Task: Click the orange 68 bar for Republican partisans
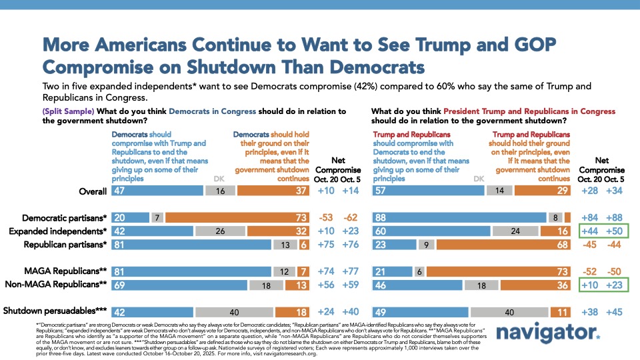tap(504, 245)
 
